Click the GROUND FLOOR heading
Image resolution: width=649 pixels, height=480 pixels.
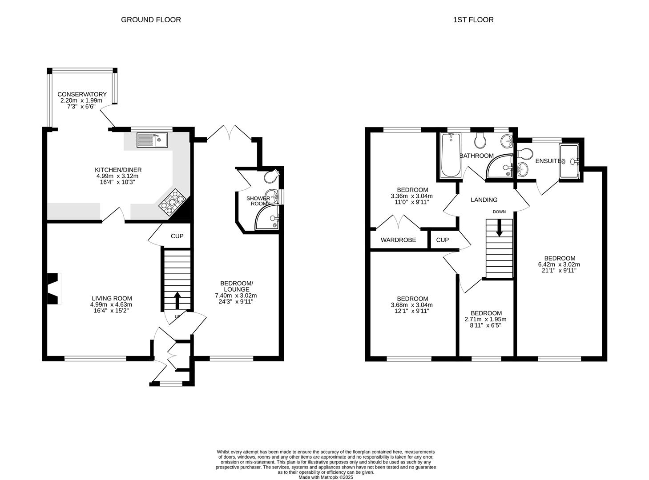pos(151,20)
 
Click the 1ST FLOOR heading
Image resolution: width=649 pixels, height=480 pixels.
pos(473,20)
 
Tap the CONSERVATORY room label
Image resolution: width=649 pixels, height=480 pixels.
pos(82,94)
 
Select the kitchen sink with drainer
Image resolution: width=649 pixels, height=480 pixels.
pos(152,140)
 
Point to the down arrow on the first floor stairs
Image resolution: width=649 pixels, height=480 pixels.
pos(499,228)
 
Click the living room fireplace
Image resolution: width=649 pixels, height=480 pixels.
pos(54,288)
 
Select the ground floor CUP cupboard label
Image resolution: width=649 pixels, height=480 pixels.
pos(177,236)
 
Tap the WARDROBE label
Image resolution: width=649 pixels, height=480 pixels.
pos(398,240)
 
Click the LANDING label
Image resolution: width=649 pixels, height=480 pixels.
pos(484,200)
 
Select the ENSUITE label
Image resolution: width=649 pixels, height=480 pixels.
pos(548,161)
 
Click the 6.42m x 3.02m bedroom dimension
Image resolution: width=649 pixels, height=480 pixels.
pos(559,264)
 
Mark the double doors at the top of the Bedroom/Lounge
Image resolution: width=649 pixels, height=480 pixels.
pos(229,132)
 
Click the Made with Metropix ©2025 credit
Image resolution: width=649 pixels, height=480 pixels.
pos(326,477)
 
